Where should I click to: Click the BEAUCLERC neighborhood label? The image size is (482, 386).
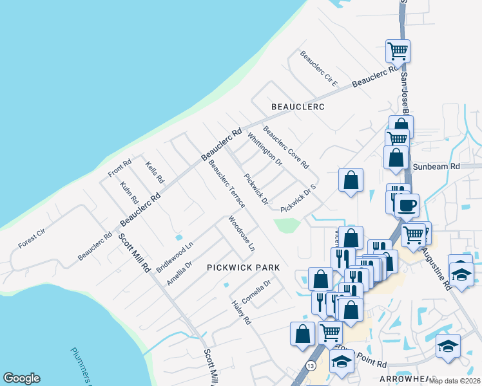click(297, 106)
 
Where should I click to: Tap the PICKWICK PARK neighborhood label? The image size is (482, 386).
click(244, 267)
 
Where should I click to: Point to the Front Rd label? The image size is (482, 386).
click(120, 168)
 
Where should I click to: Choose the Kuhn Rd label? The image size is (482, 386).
click(130, 192)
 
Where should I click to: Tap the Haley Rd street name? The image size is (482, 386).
click(241, 312)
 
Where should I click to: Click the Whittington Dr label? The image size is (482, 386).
click(265, 150)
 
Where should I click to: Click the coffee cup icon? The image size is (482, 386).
click(406, 206)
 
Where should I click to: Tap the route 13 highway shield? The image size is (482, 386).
click(312, 365)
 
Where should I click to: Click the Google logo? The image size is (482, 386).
click(21, 378)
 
